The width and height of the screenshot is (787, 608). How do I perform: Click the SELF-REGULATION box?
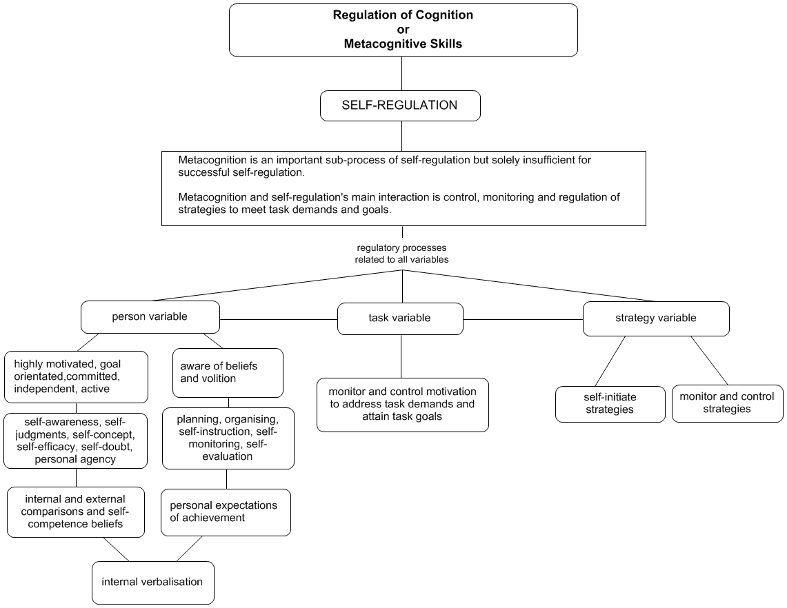400,107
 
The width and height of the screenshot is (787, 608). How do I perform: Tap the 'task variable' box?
400,318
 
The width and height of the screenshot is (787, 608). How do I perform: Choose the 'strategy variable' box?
655,318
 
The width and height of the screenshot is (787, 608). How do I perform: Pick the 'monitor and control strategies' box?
727,403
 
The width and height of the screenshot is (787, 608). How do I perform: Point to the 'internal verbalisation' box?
152,582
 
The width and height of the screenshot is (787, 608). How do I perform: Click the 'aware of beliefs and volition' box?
227,372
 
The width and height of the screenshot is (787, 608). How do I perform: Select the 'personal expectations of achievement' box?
226,511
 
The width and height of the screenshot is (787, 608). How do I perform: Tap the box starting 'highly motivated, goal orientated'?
76,376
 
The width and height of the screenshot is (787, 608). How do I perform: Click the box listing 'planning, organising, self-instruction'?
228,438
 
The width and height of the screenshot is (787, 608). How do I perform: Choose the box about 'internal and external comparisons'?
76,511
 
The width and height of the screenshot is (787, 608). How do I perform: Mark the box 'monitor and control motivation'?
403,405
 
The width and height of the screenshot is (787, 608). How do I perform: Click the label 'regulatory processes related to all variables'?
403,254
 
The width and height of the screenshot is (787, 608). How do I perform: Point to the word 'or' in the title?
403,29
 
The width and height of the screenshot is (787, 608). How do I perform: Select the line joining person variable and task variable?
279,319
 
